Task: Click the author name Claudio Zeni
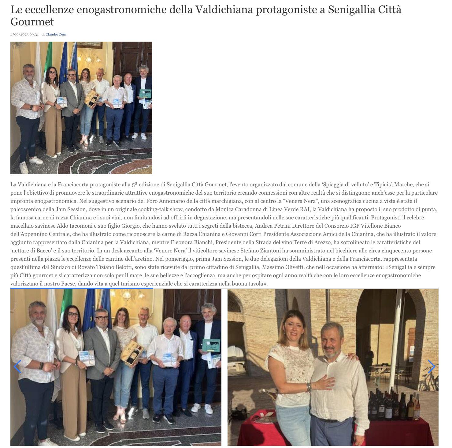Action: [x=56, y=34]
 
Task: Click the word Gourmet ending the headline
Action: [x=32, y=22]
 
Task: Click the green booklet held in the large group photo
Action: [x=211, y=345]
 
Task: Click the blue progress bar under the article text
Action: [x=82, y=288]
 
